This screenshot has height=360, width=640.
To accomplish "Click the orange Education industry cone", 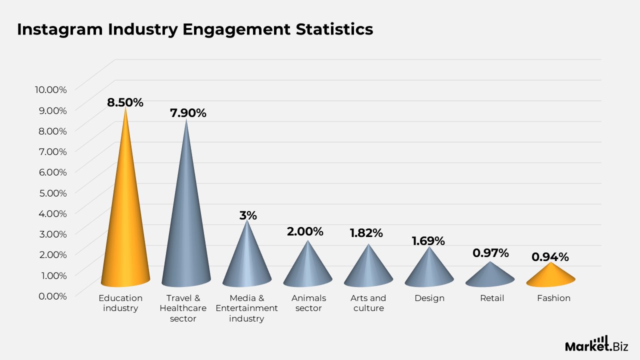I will tap(125, 225).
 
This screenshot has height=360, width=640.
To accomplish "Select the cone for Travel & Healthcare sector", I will tap(186, 230).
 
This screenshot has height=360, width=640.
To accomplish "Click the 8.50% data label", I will tap(125, 102).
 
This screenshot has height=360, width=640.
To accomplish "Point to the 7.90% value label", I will tap(188, 113).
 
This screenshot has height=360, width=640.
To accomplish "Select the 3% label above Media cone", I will tap(247, 215).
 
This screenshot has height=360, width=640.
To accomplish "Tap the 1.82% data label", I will tap(366, 233).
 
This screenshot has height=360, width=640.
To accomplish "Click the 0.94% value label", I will tap(550, 257).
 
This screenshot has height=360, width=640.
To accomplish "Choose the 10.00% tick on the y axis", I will tap(50, 89).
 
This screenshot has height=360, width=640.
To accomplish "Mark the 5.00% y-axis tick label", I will tap(50, 192).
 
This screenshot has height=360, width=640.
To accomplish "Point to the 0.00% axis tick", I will tap(50, 295).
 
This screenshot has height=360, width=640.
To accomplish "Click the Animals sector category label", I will tap(308, 303).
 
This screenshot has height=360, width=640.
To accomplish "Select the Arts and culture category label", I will tap(368, 303).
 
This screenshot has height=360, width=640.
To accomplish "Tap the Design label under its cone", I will tap(429, 298).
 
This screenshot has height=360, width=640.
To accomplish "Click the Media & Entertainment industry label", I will tap(246, 308).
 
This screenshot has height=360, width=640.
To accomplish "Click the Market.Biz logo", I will tap(596, 344).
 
